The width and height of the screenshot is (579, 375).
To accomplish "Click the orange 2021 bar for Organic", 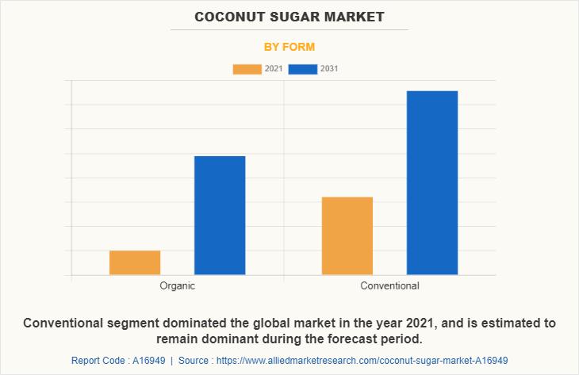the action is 135,262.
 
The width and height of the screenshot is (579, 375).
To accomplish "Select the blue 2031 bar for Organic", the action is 220,216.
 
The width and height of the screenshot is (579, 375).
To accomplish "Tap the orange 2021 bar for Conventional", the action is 347,235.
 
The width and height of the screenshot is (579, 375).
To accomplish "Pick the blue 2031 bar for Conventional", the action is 432,182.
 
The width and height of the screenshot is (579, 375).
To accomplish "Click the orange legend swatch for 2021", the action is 247,69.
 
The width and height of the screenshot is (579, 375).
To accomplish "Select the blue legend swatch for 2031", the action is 303,69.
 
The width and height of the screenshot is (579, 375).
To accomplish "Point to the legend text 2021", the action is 274,69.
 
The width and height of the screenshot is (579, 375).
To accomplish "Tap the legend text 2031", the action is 329,69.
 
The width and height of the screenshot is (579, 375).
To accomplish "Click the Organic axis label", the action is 177,286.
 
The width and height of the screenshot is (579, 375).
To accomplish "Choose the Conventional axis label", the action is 389,285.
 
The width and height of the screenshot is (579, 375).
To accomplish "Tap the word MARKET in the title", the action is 355,17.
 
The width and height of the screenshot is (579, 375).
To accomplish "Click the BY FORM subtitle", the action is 289,47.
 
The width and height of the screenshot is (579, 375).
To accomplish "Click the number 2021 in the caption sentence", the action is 419,323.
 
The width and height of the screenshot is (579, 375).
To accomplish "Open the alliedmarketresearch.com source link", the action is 362,361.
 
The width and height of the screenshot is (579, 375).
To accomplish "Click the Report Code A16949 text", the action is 118,361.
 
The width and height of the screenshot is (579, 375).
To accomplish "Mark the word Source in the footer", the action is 194,361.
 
